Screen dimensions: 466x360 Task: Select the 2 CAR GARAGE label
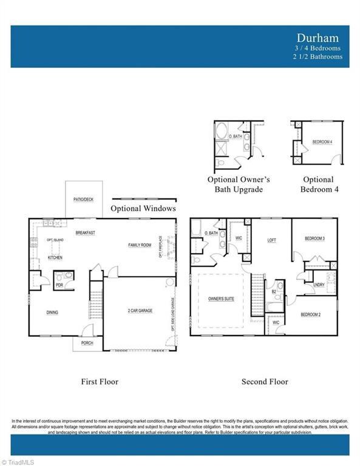pos(140,310)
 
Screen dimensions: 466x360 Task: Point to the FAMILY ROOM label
pos(140,245)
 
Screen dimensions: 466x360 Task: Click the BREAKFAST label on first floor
pos(85,233)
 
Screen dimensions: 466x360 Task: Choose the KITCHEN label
pos(55,258)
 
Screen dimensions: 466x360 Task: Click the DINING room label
pos(52,312)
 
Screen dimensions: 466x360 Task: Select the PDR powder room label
pos(59,285)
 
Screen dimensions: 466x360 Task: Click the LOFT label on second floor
pos(272,240)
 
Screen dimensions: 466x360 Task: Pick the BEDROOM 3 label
pos(314,238)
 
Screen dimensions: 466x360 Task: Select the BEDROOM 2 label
pos(311,314)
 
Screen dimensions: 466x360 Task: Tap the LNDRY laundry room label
pos(319,285)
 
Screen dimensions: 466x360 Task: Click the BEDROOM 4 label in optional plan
pos(322,142)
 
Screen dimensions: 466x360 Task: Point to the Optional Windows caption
pos(143,209)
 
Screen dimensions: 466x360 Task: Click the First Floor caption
pos(100,382)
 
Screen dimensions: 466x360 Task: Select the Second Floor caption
pos(265,382)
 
